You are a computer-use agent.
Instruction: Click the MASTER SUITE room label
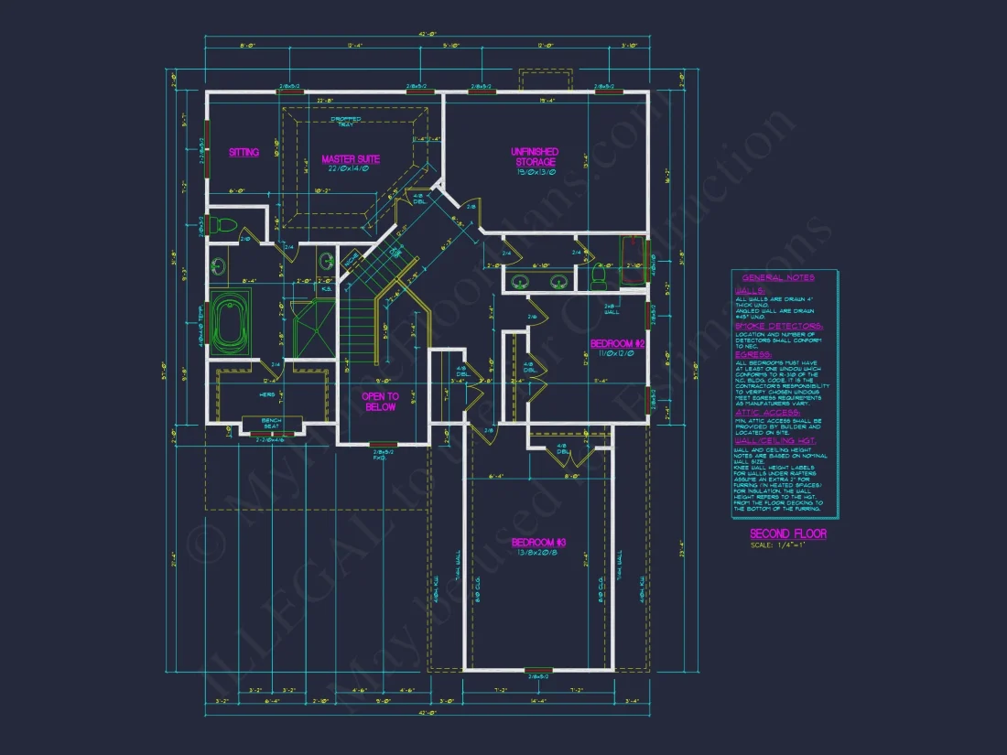(x=345, y=159)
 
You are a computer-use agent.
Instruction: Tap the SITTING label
(x=244, y=152)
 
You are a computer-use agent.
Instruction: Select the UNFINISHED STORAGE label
(x=534, y=156)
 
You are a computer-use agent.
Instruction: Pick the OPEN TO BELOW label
(x=380, y=401)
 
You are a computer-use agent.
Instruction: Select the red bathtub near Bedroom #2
(x=632, y=262)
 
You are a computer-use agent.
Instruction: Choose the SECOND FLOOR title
(x=787, y=534)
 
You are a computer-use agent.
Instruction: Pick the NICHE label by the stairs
(x=351, y=262)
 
